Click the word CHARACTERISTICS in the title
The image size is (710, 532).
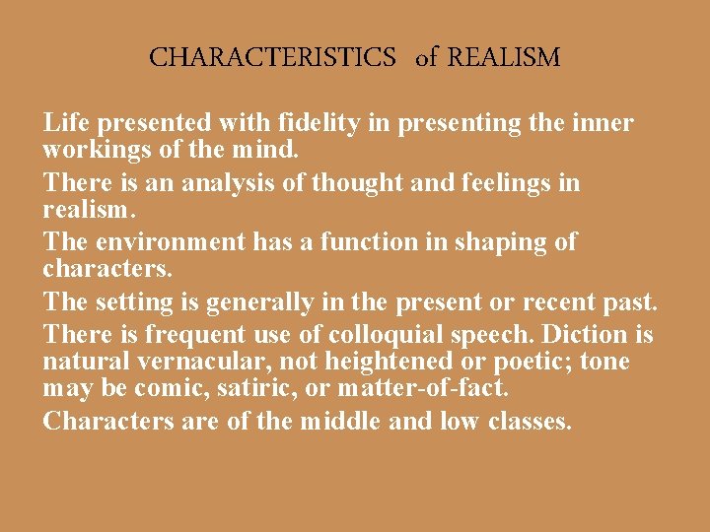[x=272, y=57]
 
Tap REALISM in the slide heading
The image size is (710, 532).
[x=504, y=57]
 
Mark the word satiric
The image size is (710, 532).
[x=259, y=389]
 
